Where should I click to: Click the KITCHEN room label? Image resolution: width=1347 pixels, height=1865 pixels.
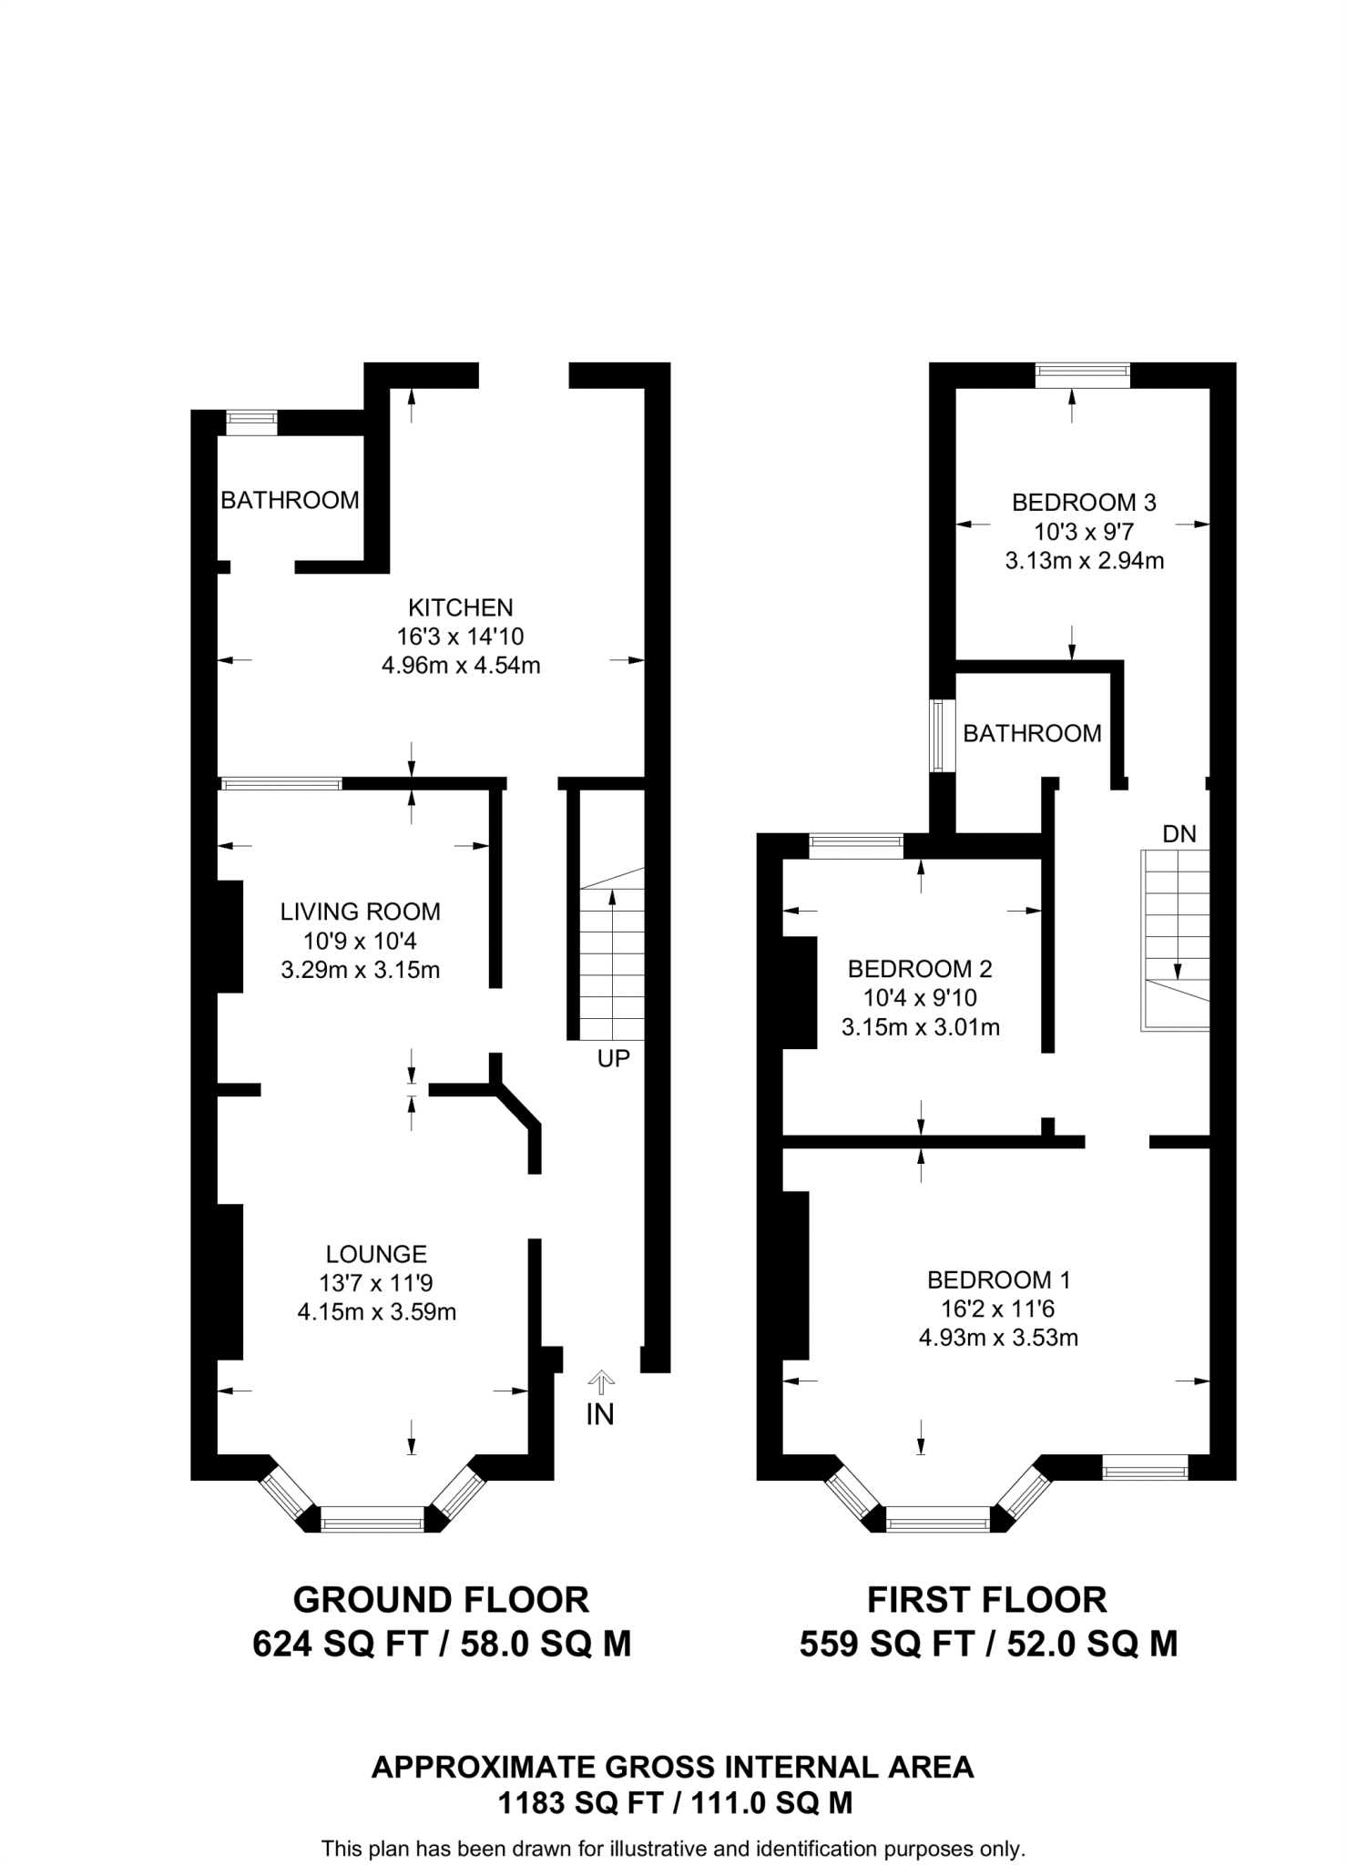click(460, 607)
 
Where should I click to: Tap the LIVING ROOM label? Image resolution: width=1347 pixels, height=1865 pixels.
click(360, 912)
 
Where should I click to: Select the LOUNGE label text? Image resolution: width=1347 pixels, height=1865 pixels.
click(376, 1254)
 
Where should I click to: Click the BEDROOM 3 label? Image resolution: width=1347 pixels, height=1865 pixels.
click(1084, 502)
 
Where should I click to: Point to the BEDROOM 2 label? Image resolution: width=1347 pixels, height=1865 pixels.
click(920, 968)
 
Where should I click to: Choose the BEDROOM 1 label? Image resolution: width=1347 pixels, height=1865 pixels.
click(998, 1279)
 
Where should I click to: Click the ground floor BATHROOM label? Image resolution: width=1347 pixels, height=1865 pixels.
click(290, 500)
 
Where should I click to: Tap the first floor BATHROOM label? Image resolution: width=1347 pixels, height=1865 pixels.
click(1032, 733)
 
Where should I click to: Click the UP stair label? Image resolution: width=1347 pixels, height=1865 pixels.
click(613, 1058)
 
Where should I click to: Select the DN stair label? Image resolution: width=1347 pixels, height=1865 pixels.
click(1179, 833)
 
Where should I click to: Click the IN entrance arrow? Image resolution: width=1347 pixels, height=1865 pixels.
click(599, 1385)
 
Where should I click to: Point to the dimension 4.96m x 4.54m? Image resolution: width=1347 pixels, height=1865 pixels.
click(460, 666)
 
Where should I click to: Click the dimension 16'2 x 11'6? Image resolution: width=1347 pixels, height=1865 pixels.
click(998, 1309)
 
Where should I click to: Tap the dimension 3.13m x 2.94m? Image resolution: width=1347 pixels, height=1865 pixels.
click(1084, 560)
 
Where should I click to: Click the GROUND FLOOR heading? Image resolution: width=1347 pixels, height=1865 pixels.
click(441, 1600)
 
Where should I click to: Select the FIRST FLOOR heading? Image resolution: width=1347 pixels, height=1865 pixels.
click(986, 1600)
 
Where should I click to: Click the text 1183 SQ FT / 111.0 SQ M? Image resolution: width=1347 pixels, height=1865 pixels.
click(674, 1803)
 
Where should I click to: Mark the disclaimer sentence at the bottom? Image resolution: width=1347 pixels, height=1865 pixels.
click(673, 1849)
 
